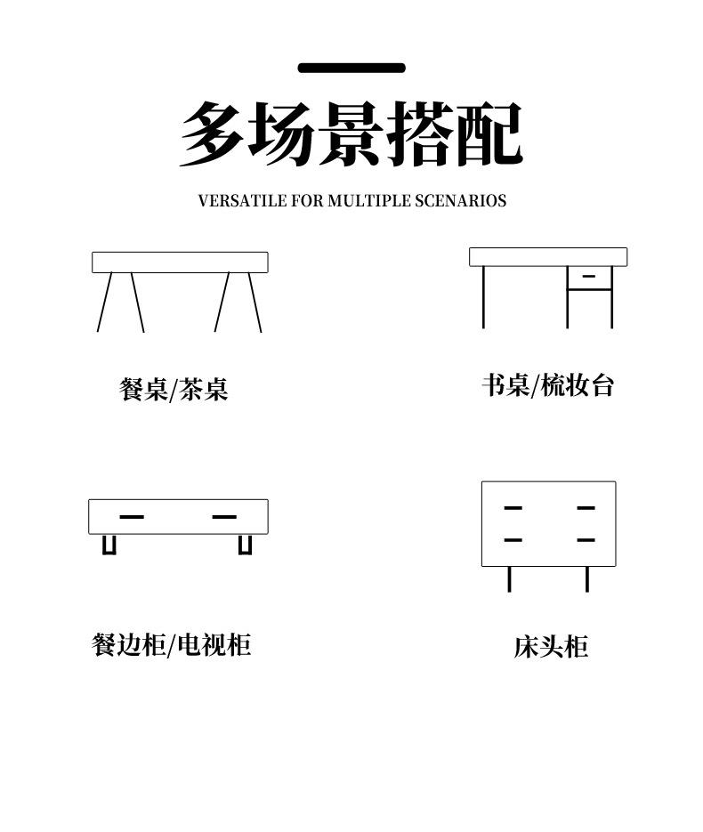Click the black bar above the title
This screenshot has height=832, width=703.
(x=351, y=68)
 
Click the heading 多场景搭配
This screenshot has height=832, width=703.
(x=351, y=134)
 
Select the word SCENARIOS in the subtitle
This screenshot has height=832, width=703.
(x=460, y=201)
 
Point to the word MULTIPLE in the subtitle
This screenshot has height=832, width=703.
(x=369, y=201)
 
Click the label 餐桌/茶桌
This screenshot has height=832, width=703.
(x=174, y=389)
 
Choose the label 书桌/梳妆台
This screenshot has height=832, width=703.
(x=548, y=385)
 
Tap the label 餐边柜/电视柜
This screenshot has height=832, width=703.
(x=172, y=644)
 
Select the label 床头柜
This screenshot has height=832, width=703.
(x=551, y=647)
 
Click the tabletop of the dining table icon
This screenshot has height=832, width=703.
(x=180, y=263)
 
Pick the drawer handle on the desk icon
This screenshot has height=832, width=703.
(x=588, y=277)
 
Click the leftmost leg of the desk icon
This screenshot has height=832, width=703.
(x=484, y=296)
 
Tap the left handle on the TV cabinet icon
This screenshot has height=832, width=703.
(x=132, y=516)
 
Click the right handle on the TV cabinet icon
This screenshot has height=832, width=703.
(x=224, y=516)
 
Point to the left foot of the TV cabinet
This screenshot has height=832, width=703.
(x=109, y=545)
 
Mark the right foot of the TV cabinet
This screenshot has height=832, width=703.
(x=245, y=545)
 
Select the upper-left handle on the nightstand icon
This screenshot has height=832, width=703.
(x=513, y=508)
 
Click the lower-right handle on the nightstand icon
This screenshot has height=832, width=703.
(x=586, y=540)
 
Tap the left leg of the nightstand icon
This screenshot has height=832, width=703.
(x=509, y=578)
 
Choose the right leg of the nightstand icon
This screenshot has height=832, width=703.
(x=587, y=578)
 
